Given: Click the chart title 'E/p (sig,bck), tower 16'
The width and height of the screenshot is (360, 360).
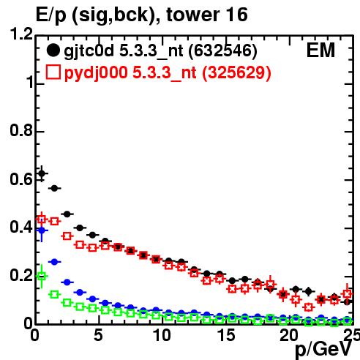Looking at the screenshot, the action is pyautogui.click(x=142, y=15).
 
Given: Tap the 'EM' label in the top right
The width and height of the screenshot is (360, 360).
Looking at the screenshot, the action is pyautogui.click(x=320, y=50).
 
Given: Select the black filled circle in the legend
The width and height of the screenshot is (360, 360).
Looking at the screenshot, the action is pyautogui.click(x=53, y=50).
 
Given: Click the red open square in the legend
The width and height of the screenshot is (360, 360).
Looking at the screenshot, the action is pyautogui.click(x=53, y=72).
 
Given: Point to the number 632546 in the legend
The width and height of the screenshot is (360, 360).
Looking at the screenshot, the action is pyautogui.click(x=222, y=50).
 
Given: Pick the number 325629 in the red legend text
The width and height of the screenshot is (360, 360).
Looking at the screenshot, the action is pyautogui.click(x=236, y=72).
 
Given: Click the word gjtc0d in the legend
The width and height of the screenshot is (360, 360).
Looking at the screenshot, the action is pyautogui.click(x=89, y=51).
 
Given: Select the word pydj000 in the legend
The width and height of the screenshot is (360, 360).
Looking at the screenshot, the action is pyautogui.click(x=96, y=73).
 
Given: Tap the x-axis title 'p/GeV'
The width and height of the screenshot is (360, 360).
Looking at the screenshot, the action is pyautogui.click(x=323, y=349).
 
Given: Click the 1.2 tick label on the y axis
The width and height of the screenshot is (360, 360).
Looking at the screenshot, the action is pyautogui.click(x=20, y=34).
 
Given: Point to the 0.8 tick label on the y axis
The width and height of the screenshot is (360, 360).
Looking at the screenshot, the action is pyautogui.click(x=20, y=130).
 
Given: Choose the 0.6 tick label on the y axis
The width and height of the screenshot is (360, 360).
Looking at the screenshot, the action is pyautogui.click(x=20, y=179).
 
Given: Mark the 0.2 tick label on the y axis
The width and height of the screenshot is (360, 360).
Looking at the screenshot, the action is pyautogui.click(x=20, y=275).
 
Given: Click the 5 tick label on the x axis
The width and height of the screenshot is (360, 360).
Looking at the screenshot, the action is pyautogui.click(x=98, y=335).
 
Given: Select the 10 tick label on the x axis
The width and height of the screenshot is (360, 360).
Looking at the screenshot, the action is pyautogui.click(x=162, y=335).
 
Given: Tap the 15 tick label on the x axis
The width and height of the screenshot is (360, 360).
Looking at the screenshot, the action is pyautogui.click(x=226, y=335).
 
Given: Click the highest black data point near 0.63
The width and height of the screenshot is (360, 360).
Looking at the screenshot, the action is pyautogui.click(x=42, y=173).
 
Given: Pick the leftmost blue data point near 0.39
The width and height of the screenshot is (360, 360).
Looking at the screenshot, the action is pyautogui.click(x=42, y=230).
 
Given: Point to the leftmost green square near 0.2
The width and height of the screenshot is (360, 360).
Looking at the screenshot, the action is pyautogui.click(x=42, y=277).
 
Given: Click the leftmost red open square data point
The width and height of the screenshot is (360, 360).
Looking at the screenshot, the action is pyautogui.click(x=42, y=219).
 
